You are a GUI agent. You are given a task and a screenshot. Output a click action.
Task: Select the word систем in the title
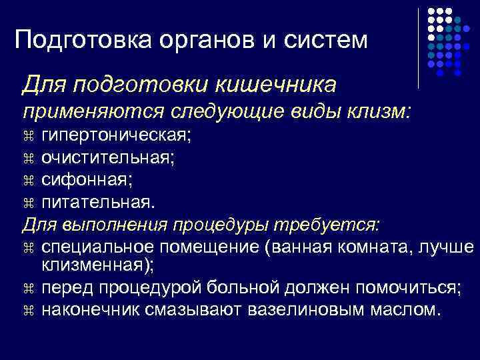pos(326,41)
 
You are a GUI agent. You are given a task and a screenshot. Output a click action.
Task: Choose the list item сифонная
pos(85,179)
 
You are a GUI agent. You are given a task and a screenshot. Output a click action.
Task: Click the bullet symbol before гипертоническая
pos(28,137)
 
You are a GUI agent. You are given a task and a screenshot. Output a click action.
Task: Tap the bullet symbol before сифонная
pos(28,180)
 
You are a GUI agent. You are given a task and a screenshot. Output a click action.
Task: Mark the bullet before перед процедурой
pos(28,289)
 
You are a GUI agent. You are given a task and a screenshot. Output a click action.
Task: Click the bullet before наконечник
pos(28,310)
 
